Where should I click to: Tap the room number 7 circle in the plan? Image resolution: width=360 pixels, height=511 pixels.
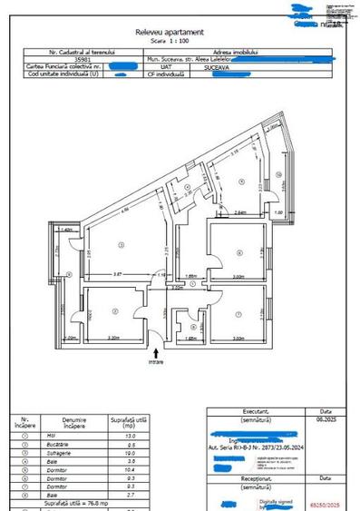click(x=238, y=314)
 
